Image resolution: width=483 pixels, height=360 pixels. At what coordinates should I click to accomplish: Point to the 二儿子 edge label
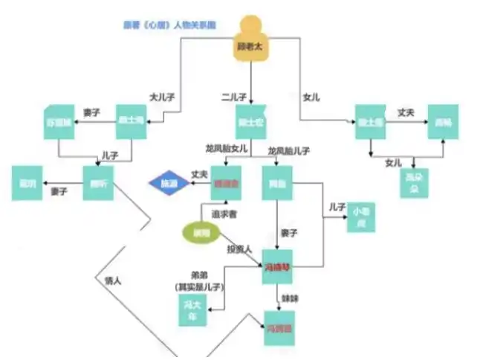pyautogui.click(x=234, y=97)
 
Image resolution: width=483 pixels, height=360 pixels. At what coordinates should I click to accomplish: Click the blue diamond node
pyautogui.click(x=169, y=183)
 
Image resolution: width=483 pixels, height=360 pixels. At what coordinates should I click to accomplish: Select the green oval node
pyautogui.click(x=197, y=232)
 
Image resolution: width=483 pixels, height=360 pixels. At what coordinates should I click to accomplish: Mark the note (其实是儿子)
pyautogui.click(x=198, y=285)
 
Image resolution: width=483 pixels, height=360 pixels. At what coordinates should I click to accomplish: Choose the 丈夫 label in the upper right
pyautogui.click(x=406, y=112)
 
